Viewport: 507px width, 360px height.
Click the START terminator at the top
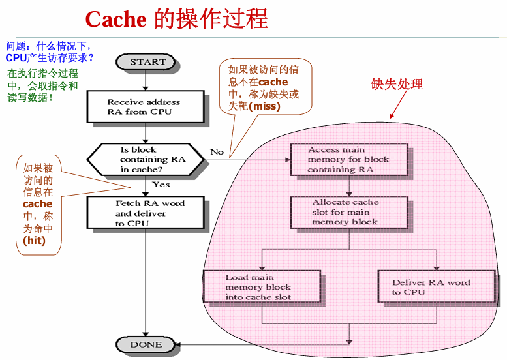pos(147,62)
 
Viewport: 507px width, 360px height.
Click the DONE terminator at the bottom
pos(146,344)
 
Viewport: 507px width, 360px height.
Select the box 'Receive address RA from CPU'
pos(144,107)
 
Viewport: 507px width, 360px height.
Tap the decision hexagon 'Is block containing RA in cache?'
pos(146,159)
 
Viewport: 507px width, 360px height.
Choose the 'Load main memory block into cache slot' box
pos(262,287)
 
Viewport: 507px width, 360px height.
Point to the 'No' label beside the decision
pos(217,151)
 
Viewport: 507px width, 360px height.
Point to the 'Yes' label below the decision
pos(161,185)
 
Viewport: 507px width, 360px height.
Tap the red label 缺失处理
pos(397,84)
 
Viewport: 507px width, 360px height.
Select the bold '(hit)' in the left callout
pos(33,240)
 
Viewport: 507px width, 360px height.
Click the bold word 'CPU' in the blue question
pos(16,58)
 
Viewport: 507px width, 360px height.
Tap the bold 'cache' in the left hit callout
pos(37,204)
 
